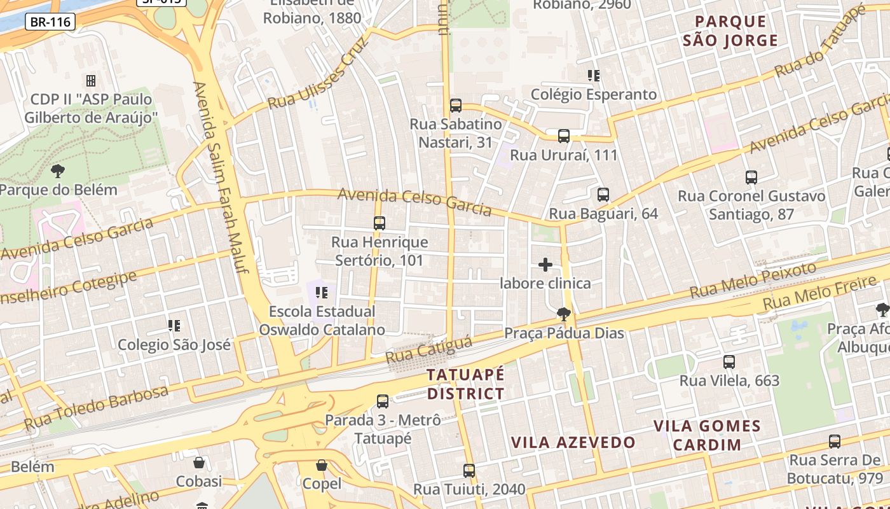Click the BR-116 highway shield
click(x=51, y=22)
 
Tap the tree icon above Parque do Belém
click(x=58, y=171)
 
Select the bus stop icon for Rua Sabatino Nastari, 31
click(x=455, y=106)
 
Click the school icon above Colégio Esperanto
click(x=594, y=76)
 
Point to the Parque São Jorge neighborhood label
click(x=730, y=31)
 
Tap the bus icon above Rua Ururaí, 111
click(x=564, y=136)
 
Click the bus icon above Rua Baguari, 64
click(x=603, y=195)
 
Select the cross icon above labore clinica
click(x=545, y=265)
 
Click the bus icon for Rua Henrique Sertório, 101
click(x=380, y=223)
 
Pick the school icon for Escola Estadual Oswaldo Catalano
click(x=322, y=293)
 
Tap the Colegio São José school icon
click(x=174, y=326)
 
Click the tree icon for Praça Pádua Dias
click(x=563, y=314)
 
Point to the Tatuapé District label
click(x=465, y=384)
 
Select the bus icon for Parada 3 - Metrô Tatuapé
click(x=383, y=401)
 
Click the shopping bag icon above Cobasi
click(x=199, y=463)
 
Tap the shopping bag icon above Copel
click(x=322, y=465)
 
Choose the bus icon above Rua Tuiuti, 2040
click(x=469, y=471)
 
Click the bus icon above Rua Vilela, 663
click(x=729, y=362)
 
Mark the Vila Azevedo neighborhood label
click(x=573, y=442)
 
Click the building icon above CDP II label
click(x=91, y=81)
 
